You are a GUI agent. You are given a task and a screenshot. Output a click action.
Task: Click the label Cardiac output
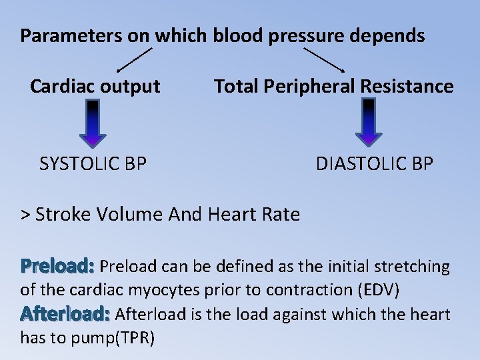tap(95, 86)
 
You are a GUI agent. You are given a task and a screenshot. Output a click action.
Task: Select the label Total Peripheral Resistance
tap(333, 86)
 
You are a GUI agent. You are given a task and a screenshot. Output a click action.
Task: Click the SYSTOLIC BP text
tap(93, 163)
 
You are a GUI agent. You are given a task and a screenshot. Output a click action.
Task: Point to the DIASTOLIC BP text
tap(374, 163)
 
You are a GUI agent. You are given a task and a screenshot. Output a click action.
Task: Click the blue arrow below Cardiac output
tap(93, 123)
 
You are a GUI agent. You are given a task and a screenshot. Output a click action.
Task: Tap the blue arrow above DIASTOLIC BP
tap(368, 123)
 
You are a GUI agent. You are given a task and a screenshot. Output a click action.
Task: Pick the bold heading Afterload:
tap(65, 313)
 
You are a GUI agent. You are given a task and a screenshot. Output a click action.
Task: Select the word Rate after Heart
tap(281, 214)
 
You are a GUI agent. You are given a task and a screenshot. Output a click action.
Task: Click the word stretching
tap(411, 267)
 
